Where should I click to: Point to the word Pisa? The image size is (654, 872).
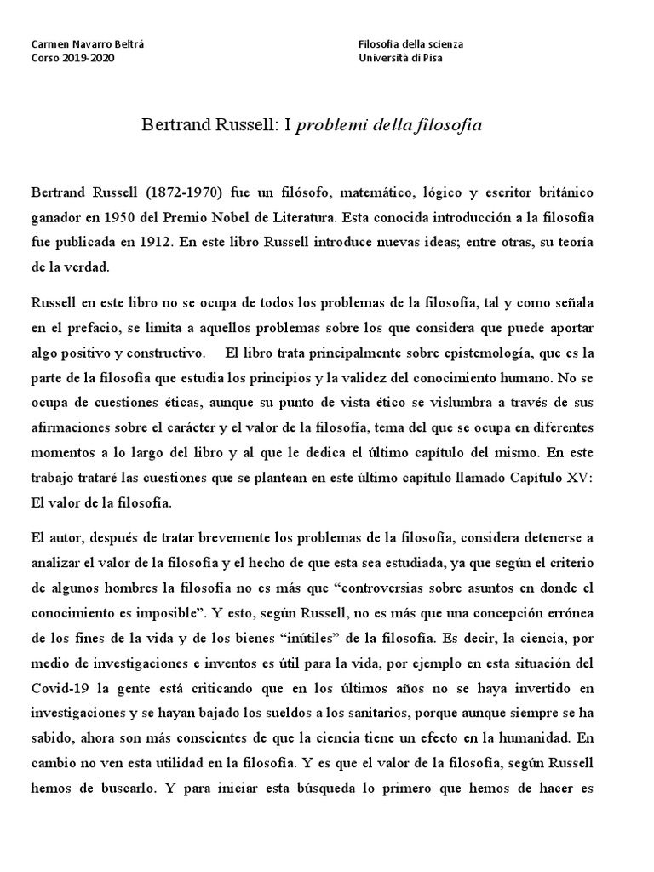tap(431, 57)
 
